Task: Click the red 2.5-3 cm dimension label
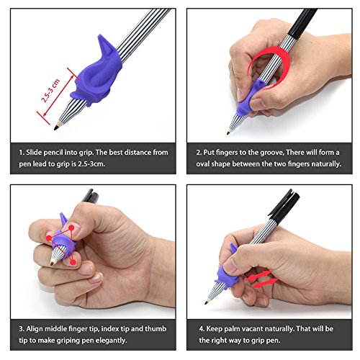coord(50,91)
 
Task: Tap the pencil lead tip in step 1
coord(55,128)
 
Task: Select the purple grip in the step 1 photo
coord(96,73)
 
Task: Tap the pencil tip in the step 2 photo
coord(228,132)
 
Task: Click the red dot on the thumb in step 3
coord(71,228)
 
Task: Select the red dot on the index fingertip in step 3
coord(49,238)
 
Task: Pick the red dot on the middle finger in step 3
coord(73,262)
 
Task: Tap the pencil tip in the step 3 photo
coord(52,264)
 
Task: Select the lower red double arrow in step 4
coord(265,283)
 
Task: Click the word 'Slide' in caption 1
coord(34,153)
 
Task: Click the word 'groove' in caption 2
coord(271,153)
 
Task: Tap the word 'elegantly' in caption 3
coord(111,341)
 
